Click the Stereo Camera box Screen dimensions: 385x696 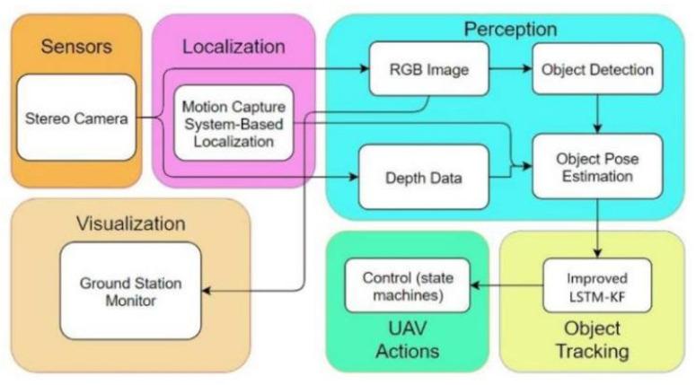click(x=76, y=118)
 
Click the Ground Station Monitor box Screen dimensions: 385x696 click(x=130, y=291)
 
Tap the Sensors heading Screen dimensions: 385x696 click(x=76, y=46)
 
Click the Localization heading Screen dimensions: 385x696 click(x=233, y=46)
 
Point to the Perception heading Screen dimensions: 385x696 click(x=509, y=29)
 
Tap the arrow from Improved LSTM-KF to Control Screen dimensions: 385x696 click(x=507, y=285)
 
